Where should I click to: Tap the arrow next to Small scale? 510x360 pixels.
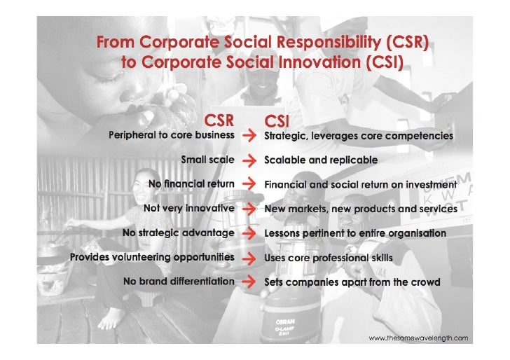pos(249,160)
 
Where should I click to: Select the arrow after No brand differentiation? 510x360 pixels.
pos(249,282)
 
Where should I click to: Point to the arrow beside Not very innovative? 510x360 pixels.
pos(249,209)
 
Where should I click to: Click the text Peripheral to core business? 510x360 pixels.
pos(171,135)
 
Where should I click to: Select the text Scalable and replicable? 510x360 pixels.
pos(320,160)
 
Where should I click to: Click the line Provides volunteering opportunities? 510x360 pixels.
pos(152,257)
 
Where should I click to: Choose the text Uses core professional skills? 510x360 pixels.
pos(328,258)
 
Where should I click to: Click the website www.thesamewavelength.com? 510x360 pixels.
pos(418,338)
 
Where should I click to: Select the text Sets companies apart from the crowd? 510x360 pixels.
pos(352,283)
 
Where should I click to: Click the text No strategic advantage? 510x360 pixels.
pos(178,233)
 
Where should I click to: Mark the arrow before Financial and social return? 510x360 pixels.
pos(249,184)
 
